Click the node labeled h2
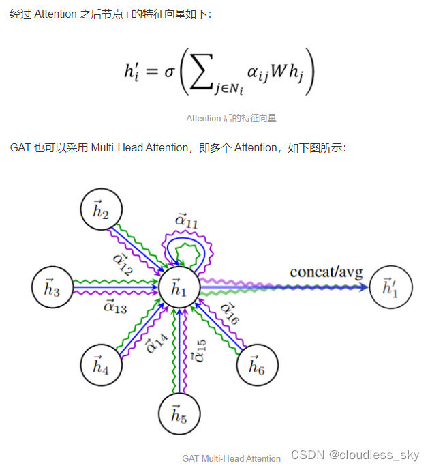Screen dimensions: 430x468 101,211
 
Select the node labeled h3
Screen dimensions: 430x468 52,289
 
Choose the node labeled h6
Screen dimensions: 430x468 256,366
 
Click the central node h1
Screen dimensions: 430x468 179,289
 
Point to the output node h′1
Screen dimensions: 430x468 390,287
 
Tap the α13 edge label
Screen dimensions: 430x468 114,307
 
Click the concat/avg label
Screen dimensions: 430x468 326,272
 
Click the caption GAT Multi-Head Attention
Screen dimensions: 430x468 231,458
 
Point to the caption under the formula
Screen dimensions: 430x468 231,118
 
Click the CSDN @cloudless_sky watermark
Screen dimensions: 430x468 354,455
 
